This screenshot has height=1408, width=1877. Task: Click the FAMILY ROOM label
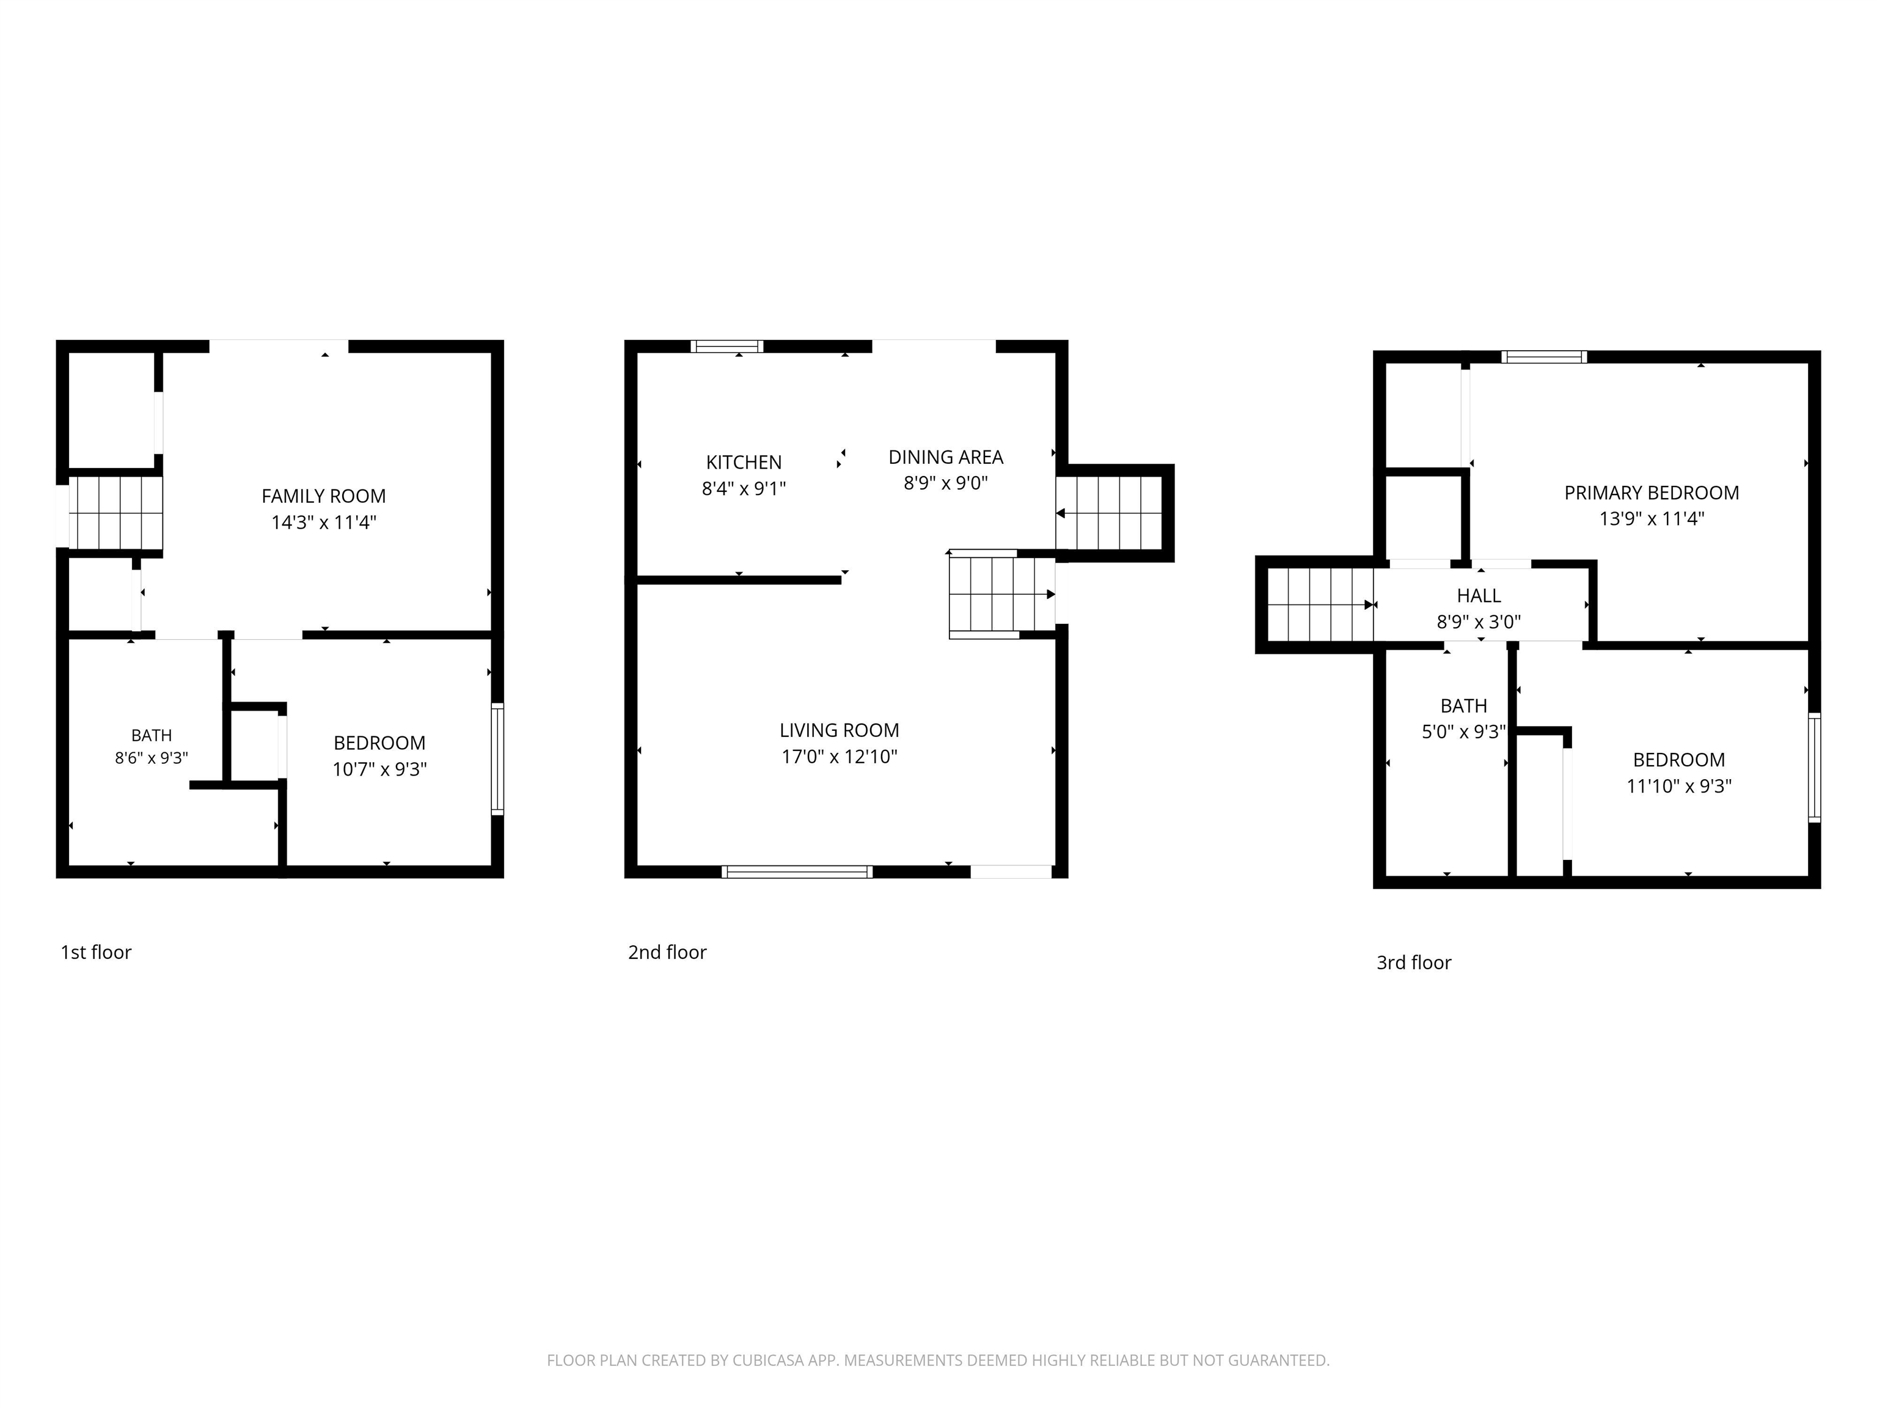(323, 496)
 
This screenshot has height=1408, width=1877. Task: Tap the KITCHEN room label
(744, 462)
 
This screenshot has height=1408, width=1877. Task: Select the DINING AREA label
(945, 457)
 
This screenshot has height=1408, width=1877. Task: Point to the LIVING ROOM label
(840, 730)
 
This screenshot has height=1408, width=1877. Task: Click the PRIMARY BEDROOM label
(1652, 492)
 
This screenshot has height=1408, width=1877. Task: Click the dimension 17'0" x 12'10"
(840, 756)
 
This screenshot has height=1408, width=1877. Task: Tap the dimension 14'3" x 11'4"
(323, 522)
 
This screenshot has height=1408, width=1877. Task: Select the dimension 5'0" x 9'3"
(1464, 732)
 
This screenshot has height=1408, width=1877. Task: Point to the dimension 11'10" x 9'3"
(1678, 786)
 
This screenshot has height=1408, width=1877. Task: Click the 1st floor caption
(96, 952)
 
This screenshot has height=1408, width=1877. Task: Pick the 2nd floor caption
(667, 952)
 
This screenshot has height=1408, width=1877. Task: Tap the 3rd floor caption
(1414, 963)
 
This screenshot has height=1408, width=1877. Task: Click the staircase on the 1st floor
(115, 513)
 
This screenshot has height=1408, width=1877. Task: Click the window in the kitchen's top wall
(726, 346)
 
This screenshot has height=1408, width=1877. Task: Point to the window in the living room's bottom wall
(797, 871)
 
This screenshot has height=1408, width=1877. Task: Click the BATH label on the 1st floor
(151, 735)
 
